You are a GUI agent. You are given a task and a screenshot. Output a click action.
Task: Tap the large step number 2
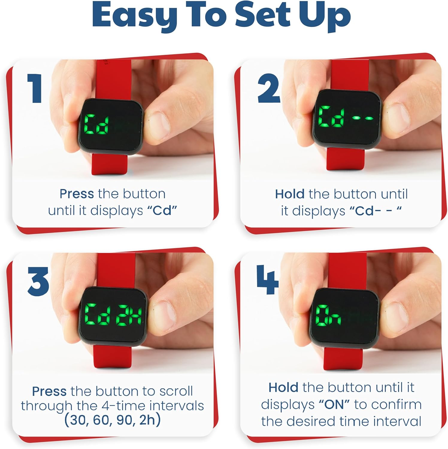269,88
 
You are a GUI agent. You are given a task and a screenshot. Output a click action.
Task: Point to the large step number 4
267,279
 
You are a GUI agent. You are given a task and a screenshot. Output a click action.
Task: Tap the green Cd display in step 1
96,124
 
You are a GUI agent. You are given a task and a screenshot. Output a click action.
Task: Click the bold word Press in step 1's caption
77,194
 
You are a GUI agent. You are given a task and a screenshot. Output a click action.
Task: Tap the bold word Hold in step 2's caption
290,194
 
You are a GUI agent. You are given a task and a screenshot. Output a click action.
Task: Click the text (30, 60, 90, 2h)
112,420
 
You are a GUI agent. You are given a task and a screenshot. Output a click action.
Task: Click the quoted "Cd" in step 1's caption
162,211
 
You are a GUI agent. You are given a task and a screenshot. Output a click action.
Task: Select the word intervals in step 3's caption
177,406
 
